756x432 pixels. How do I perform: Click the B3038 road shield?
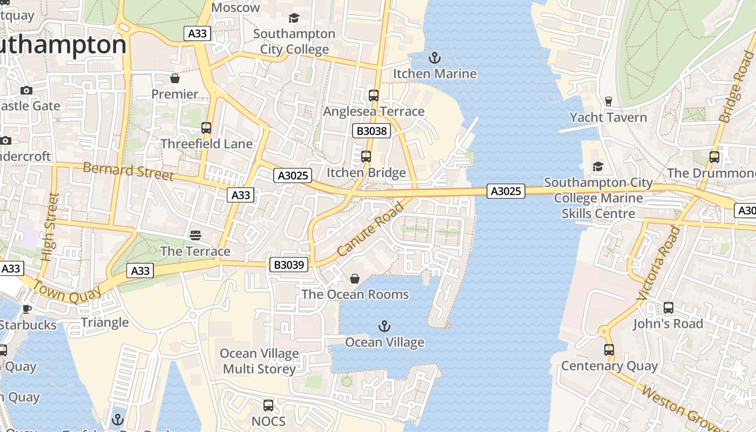pyautogui.click(x=372, y=131)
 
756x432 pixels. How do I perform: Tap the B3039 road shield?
pyautogui.click(x=289, y=265)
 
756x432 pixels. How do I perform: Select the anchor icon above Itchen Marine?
pyautogui.click(x=435, y=57)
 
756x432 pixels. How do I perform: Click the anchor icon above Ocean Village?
pyautogui.click(x=384, y=326)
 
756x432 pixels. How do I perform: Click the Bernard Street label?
pyautogui.click(x=128, y=171)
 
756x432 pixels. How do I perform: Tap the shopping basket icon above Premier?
pyautogui.click(x=174, y=78)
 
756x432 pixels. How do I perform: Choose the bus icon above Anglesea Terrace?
pyautogui.click(x=373, y=96)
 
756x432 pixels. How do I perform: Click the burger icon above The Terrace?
pyautogui.click(x=195, y=235)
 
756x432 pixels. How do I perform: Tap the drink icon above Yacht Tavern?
pyautogui.click(x=608, y=102)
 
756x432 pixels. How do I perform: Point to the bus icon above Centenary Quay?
pyautogui.click(x=609, y=350)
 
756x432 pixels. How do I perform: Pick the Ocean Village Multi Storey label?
pyautogui.click(x=259, y=361)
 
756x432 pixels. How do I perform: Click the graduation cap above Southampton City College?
pyautogui.click(x=294, y=18)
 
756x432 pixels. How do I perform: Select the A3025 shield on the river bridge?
pyautogui.click(x=505, y=191)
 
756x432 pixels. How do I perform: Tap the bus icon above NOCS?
pyautogui.click(x=268, y=405)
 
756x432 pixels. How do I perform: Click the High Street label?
pyautogui.click(x=50, y=227)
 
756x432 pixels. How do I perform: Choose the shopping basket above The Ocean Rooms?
pyautogui.click(x=355, y=279)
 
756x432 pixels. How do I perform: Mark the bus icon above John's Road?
pyautogui.click(x=668, y=308)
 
